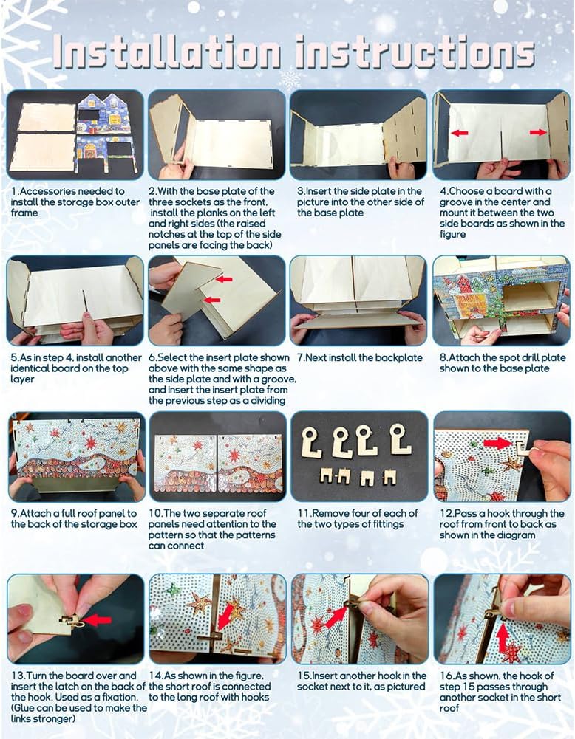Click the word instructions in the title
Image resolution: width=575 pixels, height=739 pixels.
(x=415, y=50)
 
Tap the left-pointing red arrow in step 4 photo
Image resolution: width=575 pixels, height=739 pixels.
(x=460, y=133)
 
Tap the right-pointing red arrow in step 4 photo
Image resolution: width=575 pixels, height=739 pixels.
(x=538, y=132)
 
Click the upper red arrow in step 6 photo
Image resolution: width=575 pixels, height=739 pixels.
(x=225, y=280)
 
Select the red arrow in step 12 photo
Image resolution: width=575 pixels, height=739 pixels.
(x=497, y=442)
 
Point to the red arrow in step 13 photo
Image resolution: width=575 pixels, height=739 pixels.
(x=97, y=619)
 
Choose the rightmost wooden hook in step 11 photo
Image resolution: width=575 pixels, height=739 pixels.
(x=400, y=439)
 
